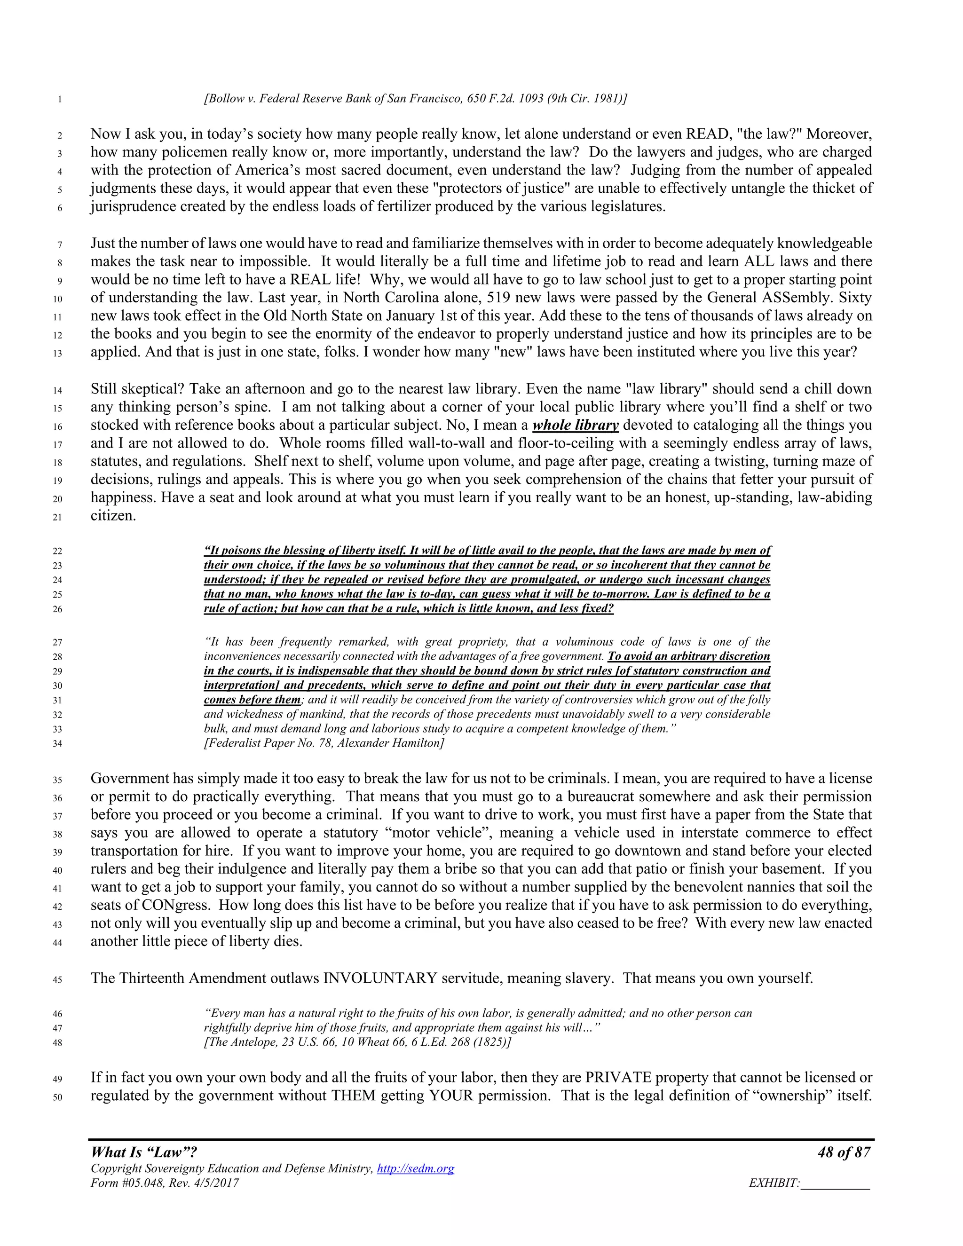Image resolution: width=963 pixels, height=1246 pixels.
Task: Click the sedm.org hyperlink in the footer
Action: pos(415,1168)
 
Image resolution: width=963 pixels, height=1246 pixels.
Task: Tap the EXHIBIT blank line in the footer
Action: pos(835,1183)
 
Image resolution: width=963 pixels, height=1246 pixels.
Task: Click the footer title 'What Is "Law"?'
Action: pos(144,1152)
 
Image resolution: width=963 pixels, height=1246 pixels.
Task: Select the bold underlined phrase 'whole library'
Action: pos(575,425)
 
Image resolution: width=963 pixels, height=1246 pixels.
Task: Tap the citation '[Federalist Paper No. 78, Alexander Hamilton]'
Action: pos(324,743)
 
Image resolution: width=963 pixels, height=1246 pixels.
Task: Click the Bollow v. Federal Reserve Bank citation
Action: pos(415,99)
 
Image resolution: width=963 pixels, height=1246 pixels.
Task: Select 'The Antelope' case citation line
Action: pos(357,1042)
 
